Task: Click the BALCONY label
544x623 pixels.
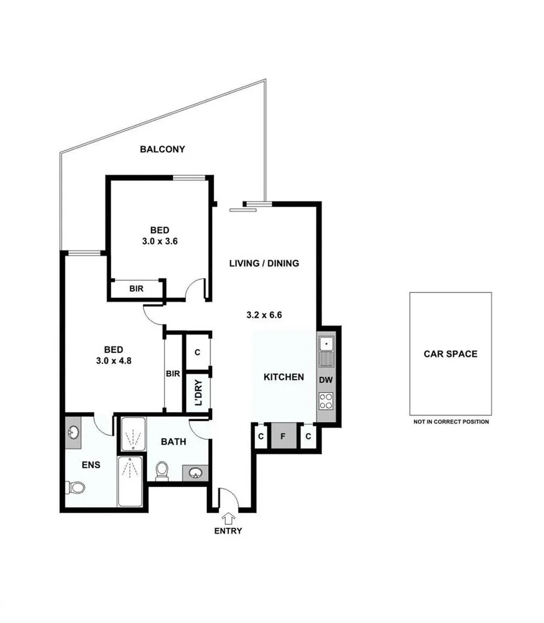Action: click(162, 149)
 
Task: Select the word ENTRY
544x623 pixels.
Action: click(228, 531)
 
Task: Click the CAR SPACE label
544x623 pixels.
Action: click(450, 354)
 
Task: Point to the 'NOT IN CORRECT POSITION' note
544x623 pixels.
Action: click(451, 421)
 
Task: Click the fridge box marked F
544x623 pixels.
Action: click(284, 438)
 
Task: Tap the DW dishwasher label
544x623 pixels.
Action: click(326, 379)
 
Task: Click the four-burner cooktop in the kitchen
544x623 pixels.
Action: click(326, 401)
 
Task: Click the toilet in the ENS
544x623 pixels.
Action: click(75, 487)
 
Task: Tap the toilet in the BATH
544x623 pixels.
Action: click(161, 471)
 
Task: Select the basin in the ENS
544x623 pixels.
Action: click(73, 431)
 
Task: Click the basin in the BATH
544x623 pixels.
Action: click(194, 473)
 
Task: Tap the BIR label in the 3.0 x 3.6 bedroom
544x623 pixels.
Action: click(136, 289)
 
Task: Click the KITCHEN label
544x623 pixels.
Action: click(284, 377)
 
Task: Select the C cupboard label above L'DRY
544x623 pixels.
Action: click(198, 352)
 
